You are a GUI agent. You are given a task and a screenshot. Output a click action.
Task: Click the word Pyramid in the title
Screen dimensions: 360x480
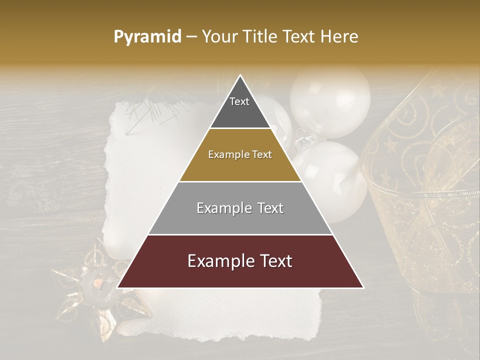pyautogui.click(x=147, y=37)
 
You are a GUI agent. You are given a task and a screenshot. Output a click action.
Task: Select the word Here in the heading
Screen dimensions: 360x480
pyautogui.click(x=339, y=37)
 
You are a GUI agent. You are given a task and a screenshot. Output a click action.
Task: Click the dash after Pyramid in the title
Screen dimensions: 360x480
pyautogui.click(x=191, y=37)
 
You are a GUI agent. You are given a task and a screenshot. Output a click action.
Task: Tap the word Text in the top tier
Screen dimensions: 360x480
pyautogui.click(x=239, y=101)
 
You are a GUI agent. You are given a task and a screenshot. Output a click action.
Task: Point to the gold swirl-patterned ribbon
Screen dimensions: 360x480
pyautogui.click(x=425, y=200)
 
